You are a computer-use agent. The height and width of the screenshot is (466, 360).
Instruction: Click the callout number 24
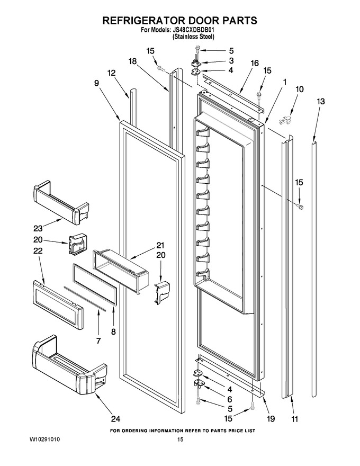coord(115,419)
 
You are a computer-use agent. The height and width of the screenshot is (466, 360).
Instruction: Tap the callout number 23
coord(38,229)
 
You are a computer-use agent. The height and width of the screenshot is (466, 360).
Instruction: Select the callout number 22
coord(38,251)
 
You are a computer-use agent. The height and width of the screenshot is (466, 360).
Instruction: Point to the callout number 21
coord(160,246)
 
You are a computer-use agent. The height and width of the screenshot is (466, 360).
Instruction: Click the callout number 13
coord(320,102)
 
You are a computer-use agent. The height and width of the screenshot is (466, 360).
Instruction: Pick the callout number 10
coord(300,89)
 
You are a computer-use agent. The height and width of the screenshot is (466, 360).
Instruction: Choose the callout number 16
coord(255,64)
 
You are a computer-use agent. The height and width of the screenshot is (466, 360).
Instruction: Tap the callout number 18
coord(133,61)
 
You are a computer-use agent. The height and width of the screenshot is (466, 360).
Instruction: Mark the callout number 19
coord(271,419)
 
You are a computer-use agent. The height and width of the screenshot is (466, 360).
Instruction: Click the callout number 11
coord(294,419)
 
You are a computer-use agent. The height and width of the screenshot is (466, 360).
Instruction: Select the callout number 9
coord(97,83)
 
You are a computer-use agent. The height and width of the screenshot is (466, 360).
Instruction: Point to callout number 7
coord(98,340)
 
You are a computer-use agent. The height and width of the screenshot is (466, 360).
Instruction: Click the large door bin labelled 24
coord(69,365)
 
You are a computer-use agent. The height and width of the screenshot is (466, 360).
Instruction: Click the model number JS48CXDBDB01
coord(193,30)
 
